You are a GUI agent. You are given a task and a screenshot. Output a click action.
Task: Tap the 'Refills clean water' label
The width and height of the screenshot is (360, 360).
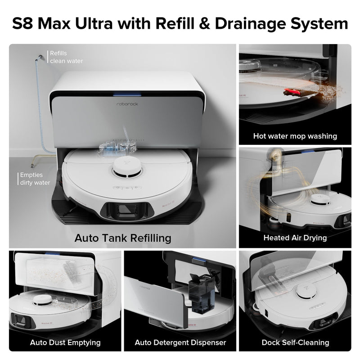tap(66, 57)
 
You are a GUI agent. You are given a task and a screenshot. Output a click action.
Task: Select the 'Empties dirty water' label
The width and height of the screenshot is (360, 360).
tap(35, 179)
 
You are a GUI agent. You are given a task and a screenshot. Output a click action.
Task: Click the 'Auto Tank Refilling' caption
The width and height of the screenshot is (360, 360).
tap(122, 237)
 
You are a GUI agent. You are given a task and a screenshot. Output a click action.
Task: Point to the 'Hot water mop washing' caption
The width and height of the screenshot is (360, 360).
tap(295, 135)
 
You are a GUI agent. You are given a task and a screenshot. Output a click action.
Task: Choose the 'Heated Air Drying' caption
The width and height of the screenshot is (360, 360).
tap(295, 238)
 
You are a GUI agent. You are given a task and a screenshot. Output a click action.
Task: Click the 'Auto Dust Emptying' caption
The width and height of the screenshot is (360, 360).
tap(65, 342)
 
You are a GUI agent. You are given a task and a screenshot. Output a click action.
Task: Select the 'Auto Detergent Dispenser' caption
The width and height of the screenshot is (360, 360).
tap(180, 342)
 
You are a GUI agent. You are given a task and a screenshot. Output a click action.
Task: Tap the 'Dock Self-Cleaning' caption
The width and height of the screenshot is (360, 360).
tap(295, 342)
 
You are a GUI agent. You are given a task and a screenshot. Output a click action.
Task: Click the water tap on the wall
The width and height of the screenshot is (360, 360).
tap(41, 56)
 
